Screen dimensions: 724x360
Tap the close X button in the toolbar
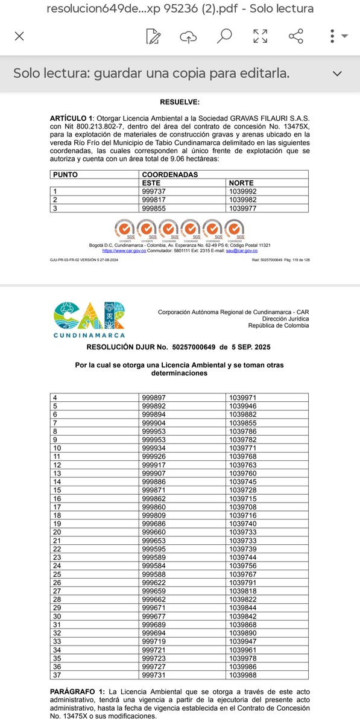tap(19, 36)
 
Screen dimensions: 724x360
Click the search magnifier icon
tap(224, 36)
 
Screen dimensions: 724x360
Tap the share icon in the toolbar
tap(296, 36)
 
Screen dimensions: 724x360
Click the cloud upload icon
tap(189, 36)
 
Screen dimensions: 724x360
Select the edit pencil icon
tap(154, 36)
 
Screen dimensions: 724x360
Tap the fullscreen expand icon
tap(261, 36)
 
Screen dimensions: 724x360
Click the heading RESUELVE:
tap(180, 103)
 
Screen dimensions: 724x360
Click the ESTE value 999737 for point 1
tap(154, 191)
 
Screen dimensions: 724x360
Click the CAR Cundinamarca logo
tap(89, 320)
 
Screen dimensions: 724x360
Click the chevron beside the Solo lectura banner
tap(337, 73)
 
